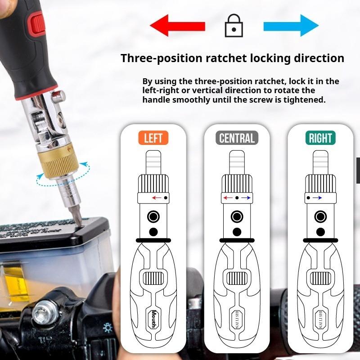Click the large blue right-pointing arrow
tap(291, 25)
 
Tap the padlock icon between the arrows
tap(234, 26)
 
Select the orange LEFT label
tap(153, 138)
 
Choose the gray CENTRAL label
tap(237, 138)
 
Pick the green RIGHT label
tap(320, 138)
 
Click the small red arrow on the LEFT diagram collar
tap(157, 198)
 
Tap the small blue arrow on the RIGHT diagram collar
tap(317, 198)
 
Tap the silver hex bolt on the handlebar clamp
tap(43, 310)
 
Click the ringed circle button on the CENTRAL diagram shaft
tap(237, 216)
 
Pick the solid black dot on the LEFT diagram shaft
tap(153, 231)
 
